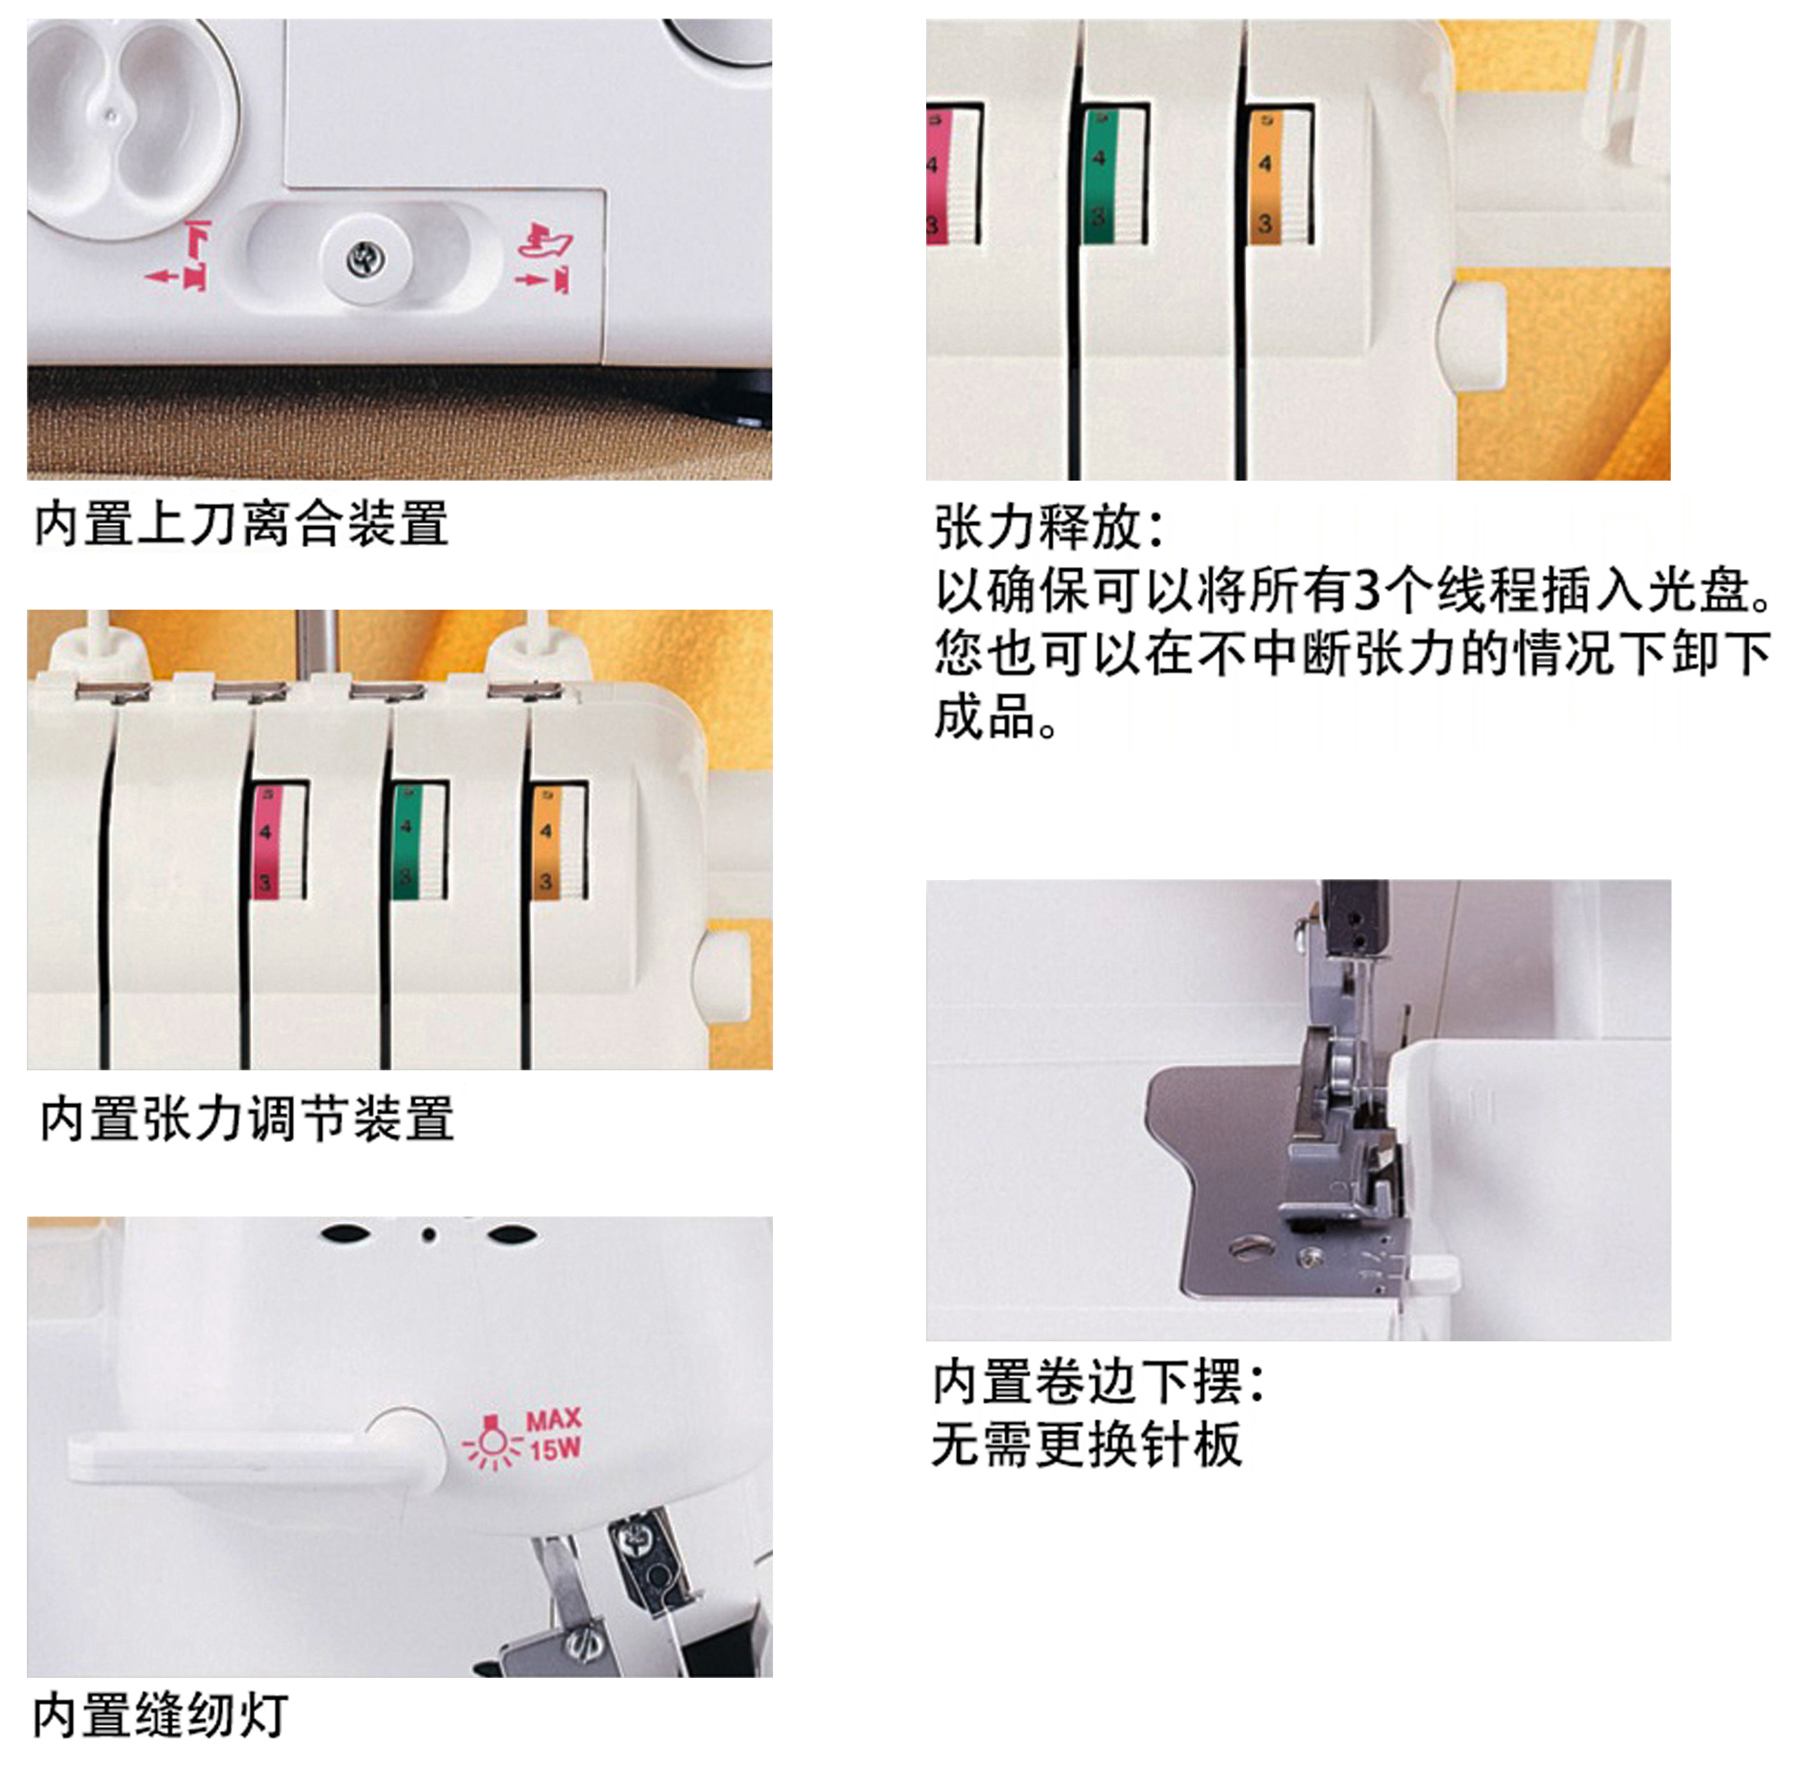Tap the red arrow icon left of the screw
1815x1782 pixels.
(x=178, y=255)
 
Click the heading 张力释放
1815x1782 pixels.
(x=1040, y=527)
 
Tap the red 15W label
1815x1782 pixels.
(x=556, y=1450)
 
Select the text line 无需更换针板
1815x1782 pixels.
(x=1087, y=1444)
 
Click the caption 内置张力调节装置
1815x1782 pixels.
(x=247, y=1119)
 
